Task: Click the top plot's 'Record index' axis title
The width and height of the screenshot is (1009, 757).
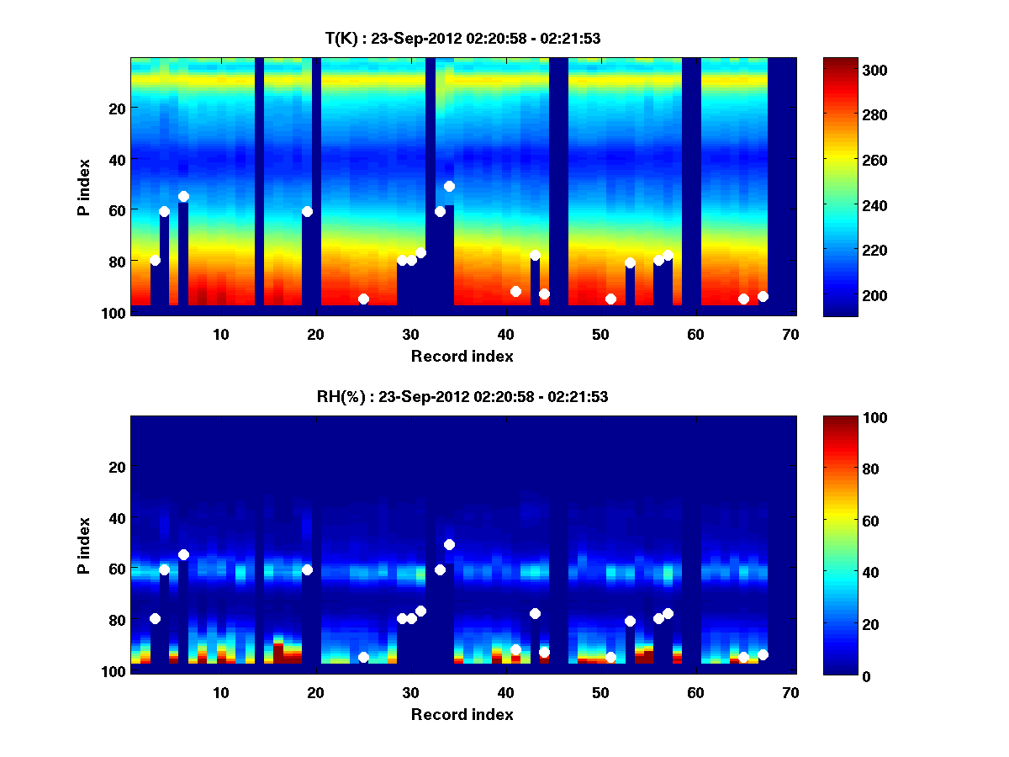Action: click(x=462, y=356)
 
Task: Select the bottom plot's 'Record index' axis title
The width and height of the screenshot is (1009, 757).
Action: click(x=462, y=714)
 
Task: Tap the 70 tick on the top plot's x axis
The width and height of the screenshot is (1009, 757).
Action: click(x=790, y=334)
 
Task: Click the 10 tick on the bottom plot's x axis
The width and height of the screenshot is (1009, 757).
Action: click(x=220, y=692)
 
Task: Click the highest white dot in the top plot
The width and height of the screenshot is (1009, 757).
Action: click(x=449, y=186)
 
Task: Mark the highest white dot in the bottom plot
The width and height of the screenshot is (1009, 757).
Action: click(x=449, y=544)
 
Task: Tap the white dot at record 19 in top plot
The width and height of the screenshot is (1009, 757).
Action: click(x=307, y=211)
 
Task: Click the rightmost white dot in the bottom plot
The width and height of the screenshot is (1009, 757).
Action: click(x=763, y=654)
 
